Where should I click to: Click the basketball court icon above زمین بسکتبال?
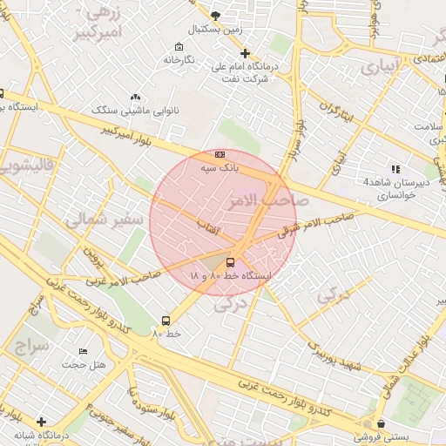click(x=216, y=15)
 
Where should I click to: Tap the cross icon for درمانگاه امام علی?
click(x=246, y=53)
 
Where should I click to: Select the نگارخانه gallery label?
click(x=178, y=60)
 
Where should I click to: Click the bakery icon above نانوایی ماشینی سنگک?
click(x=134, y=97)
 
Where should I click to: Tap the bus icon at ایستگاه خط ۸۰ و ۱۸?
click(x=230, y=262)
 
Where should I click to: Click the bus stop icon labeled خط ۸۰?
click(x=166, y=321)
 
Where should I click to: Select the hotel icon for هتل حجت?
click(x=83, y=350)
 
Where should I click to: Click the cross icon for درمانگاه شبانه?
click(x=40, y=422)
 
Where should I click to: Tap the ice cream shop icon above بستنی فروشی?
click(x=368, y=422)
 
